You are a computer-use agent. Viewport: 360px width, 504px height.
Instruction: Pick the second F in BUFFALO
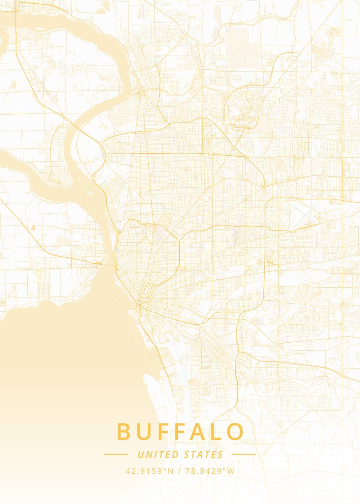click(181, 432)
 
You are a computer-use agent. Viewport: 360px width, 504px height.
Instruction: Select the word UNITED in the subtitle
click(158, 454)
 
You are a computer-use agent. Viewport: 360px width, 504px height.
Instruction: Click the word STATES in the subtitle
click(204, 454)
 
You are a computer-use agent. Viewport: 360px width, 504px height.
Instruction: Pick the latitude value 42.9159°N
click(149, 471)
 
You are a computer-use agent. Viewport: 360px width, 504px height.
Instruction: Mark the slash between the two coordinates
click(179, 471)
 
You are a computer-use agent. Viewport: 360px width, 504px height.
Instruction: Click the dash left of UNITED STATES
click(116, 454)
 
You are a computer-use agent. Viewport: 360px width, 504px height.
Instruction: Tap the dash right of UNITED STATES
click(244, 454)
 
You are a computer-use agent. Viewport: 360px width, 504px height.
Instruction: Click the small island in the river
click(89, 193)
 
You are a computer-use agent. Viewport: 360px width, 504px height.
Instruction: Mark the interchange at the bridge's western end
click(100, 263)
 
